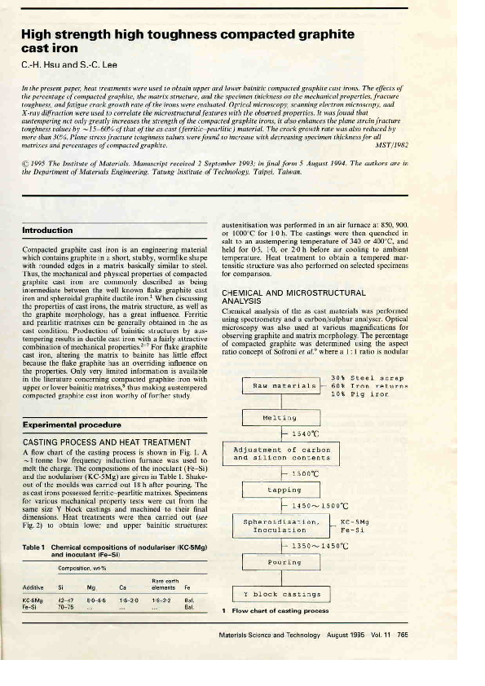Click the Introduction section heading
point(48,231)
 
